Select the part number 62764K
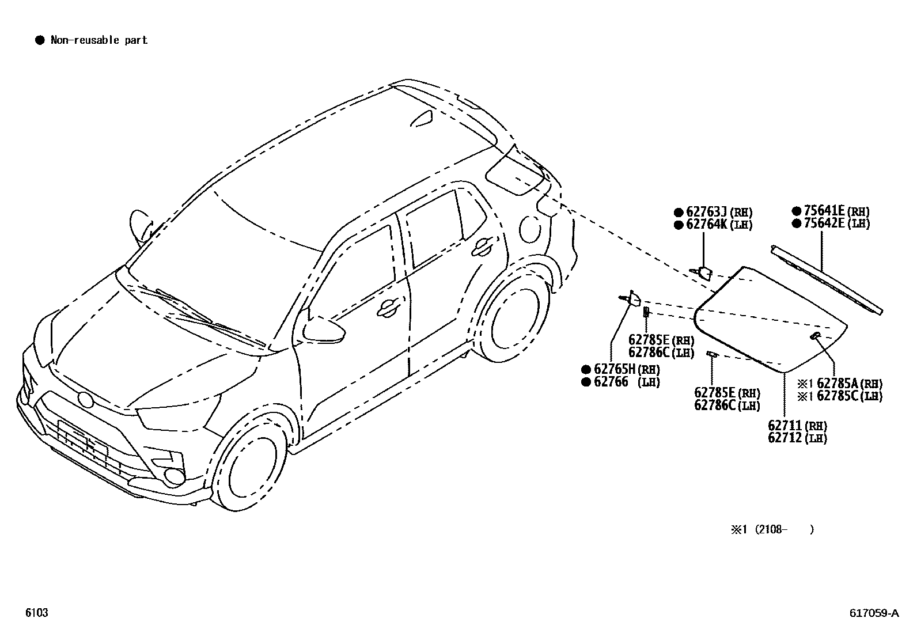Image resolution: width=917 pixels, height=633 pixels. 707,225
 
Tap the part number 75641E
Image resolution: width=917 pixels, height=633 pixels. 825,211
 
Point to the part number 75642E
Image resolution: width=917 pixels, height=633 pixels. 825,223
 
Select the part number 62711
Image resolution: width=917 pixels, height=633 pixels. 785,426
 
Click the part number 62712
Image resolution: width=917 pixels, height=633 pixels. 785,438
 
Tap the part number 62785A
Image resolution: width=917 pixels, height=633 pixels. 838,383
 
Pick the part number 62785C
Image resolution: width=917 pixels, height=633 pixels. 838,396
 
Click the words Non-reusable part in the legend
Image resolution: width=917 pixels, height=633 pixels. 99,40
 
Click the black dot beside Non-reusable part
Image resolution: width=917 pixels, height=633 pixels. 40,40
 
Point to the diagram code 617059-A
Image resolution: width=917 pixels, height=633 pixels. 873,613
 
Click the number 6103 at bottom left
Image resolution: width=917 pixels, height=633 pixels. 36,613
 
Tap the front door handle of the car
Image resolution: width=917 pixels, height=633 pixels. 389,308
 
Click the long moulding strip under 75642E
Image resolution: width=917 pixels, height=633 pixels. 827,279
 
